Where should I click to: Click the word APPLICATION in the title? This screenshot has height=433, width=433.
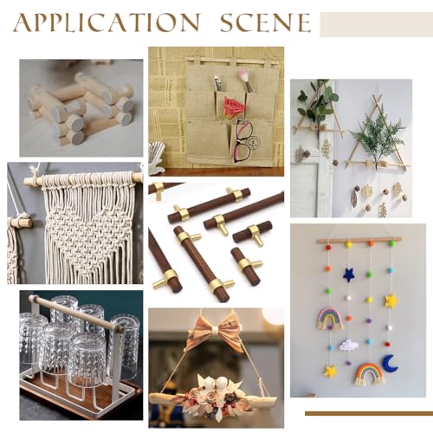tap(107, 23)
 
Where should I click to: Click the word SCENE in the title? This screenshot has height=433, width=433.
tap(266, 23)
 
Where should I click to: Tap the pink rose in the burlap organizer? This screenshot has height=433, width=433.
tap(233, 107)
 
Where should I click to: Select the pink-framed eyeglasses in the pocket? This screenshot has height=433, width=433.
tap(242, 141)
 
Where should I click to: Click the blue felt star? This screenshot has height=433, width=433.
tap(349, 275)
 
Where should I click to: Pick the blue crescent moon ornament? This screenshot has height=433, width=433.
tap(391, 363)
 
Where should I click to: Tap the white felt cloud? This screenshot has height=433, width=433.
tap(349, 345)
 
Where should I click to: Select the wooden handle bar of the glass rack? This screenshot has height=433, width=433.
tap(77, 313)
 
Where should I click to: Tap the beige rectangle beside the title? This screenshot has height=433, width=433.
tap(377, 24)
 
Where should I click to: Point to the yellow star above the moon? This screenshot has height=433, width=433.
tap(391, 301)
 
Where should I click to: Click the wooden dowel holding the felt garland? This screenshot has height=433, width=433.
tap(360, 240)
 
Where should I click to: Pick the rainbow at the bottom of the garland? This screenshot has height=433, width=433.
tap(370, 373)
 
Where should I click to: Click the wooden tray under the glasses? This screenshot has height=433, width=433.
tap(81, 396)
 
